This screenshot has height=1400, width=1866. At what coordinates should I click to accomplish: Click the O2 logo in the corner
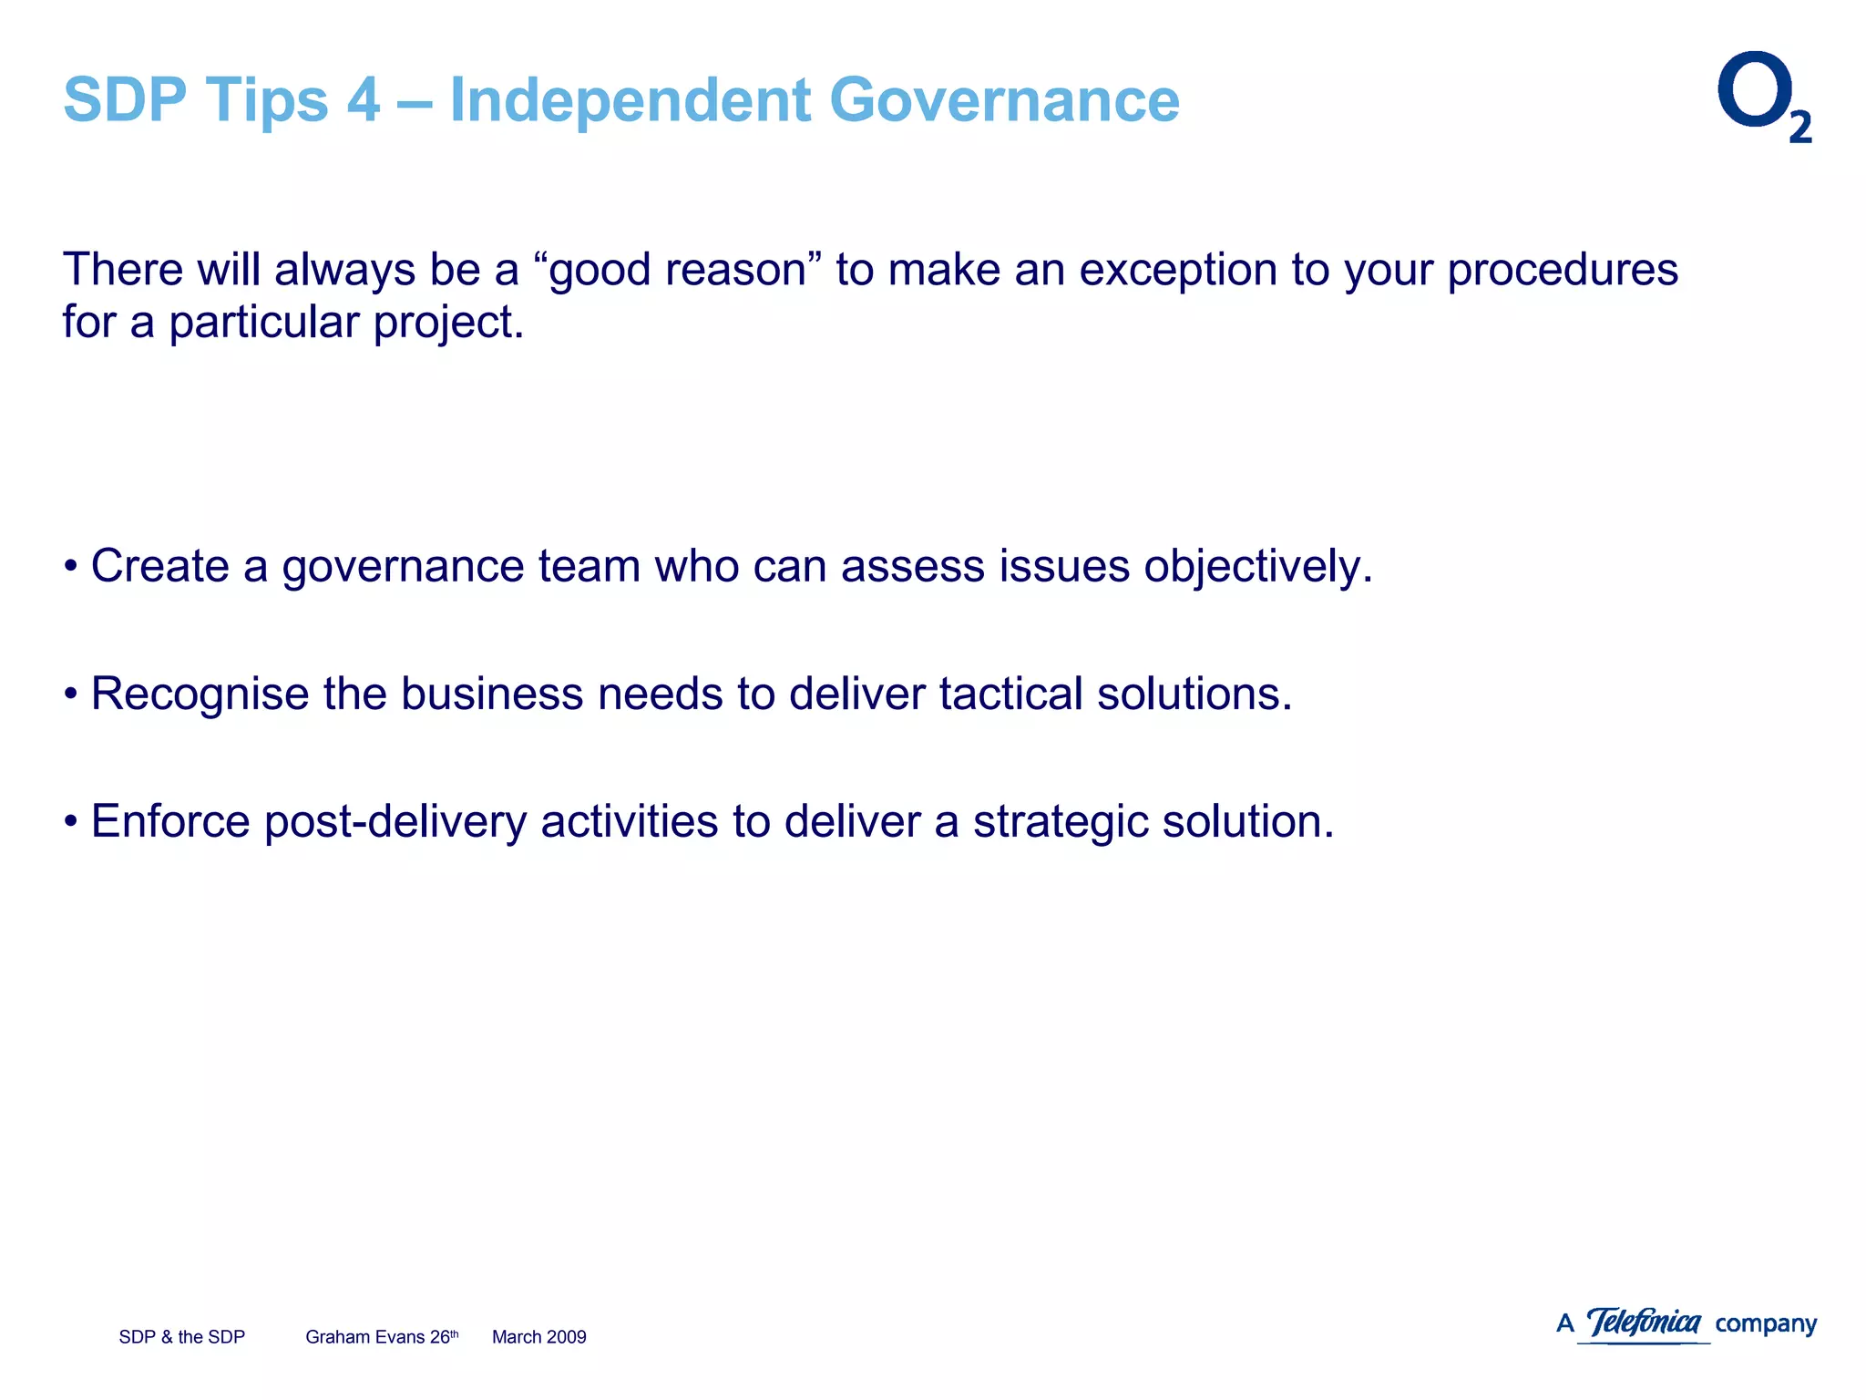tap(1763, 97)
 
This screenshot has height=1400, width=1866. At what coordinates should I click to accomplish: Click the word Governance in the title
tap(1004, 99)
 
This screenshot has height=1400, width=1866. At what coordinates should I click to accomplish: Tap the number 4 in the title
tap(363, 99)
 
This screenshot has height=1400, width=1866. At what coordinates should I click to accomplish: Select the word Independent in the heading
tap(630, 99)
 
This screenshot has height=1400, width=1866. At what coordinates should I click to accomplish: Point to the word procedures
tap(1562, 272)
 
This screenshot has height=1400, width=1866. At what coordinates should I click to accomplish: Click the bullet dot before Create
tap(71, 567)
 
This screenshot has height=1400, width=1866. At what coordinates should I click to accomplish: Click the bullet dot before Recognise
tap(71, 695)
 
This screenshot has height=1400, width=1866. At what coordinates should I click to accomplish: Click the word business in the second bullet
tap(492, 695)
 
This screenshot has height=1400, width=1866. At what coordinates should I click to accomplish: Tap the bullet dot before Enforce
tap(71, 822)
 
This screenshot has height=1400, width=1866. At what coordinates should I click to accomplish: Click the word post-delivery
tap(395, 822)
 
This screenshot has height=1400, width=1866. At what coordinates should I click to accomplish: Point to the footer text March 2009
tap(538, 1337)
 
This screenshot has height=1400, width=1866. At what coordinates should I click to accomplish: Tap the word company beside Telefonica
tap(1766, 1324)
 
